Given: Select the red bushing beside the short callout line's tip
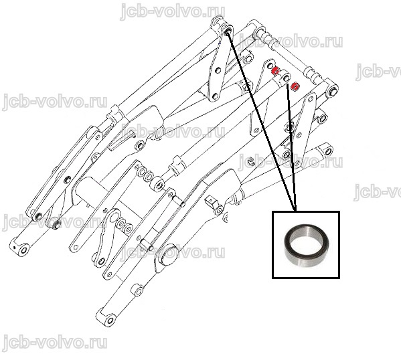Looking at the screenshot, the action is (x=295, y=86).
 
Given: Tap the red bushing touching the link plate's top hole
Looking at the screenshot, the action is (x=275, y=70).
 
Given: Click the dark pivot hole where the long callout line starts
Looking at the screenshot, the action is (x=228, y=31).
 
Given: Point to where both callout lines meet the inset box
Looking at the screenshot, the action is (x=296, y=211).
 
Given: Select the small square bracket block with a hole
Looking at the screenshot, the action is (x=212, y=201).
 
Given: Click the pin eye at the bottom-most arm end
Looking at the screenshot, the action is (x=110, y=321).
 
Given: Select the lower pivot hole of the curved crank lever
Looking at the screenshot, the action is (x=101, y=262).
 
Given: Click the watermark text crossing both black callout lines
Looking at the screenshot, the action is (x=291, y=162).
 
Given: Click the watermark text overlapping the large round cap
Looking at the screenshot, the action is (x=173, y=252).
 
